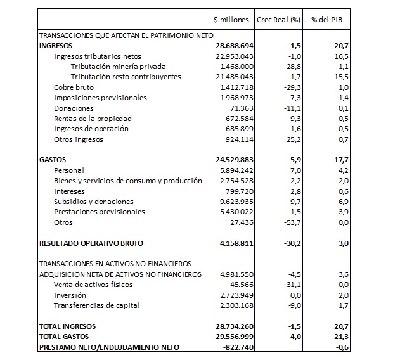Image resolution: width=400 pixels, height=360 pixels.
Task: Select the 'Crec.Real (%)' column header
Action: tap(278, 20)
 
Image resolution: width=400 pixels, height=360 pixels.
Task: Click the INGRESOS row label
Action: tap(56, 46)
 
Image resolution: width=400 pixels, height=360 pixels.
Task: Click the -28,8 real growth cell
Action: tap(288, 67)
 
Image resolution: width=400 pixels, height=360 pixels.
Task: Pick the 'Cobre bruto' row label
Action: tap(74, 87)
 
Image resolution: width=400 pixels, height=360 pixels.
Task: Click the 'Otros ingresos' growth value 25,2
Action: tap(290, 139)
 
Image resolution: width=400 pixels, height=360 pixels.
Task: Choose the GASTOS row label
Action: tap(53, 160)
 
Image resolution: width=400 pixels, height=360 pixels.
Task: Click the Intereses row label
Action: tap(70, 191)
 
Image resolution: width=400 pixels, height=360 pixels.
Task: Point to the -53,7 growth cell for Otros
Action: tap(288, 222)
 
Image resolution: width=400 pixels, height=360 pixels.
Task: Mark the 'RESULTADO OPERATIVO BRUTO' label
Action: tap(91, 243)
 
